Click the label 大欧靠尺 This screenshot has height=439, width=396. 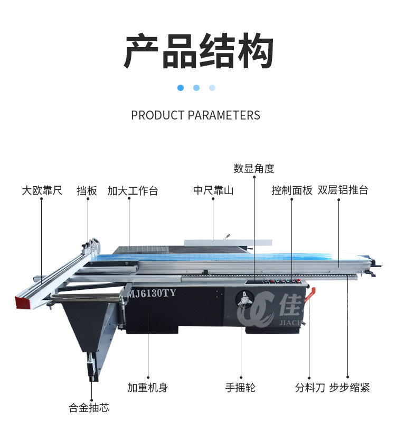click(x=42, y=190)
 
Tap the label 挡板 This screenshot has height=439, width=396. click(x=87, y=190)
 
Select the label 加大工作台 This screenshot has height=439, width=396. click(x=133, y=191)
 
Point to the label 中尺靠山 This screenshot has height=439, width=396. click(x=213, y=190)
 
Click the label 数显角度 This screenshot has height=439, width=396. click(x=254, y=169)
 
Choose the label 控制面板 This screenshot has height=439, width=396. click(x=292, y=190)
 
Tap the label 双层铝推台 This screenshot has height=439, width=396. click(x=343, y=190)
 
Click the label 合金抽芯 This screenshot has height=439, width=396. click(x=89, y=408)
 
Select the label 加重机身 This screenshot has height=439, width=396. click(x=148, y=388)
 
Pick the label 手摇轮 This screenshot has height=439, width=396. click(x=240, y=388)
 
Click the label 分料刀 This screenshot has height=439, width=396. click(x=310, y=388)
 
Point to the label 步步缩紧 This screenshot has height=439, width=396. click(x=350, y=388)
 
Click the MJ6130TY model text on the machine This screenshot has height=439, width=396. click(x=153, y=294)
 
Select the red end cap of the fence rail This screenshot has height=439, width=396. click(x=23, y=303)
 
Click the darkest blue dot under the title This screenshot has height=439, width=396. click(x=181, y=88)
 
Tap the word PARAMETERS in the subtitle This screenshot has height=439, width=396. click(x=224, y=115)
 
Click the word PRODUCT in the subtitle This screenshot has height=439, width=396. click(x=157, y=115)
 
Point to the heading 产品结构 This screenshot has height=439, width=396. click(x=198, y=51)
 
